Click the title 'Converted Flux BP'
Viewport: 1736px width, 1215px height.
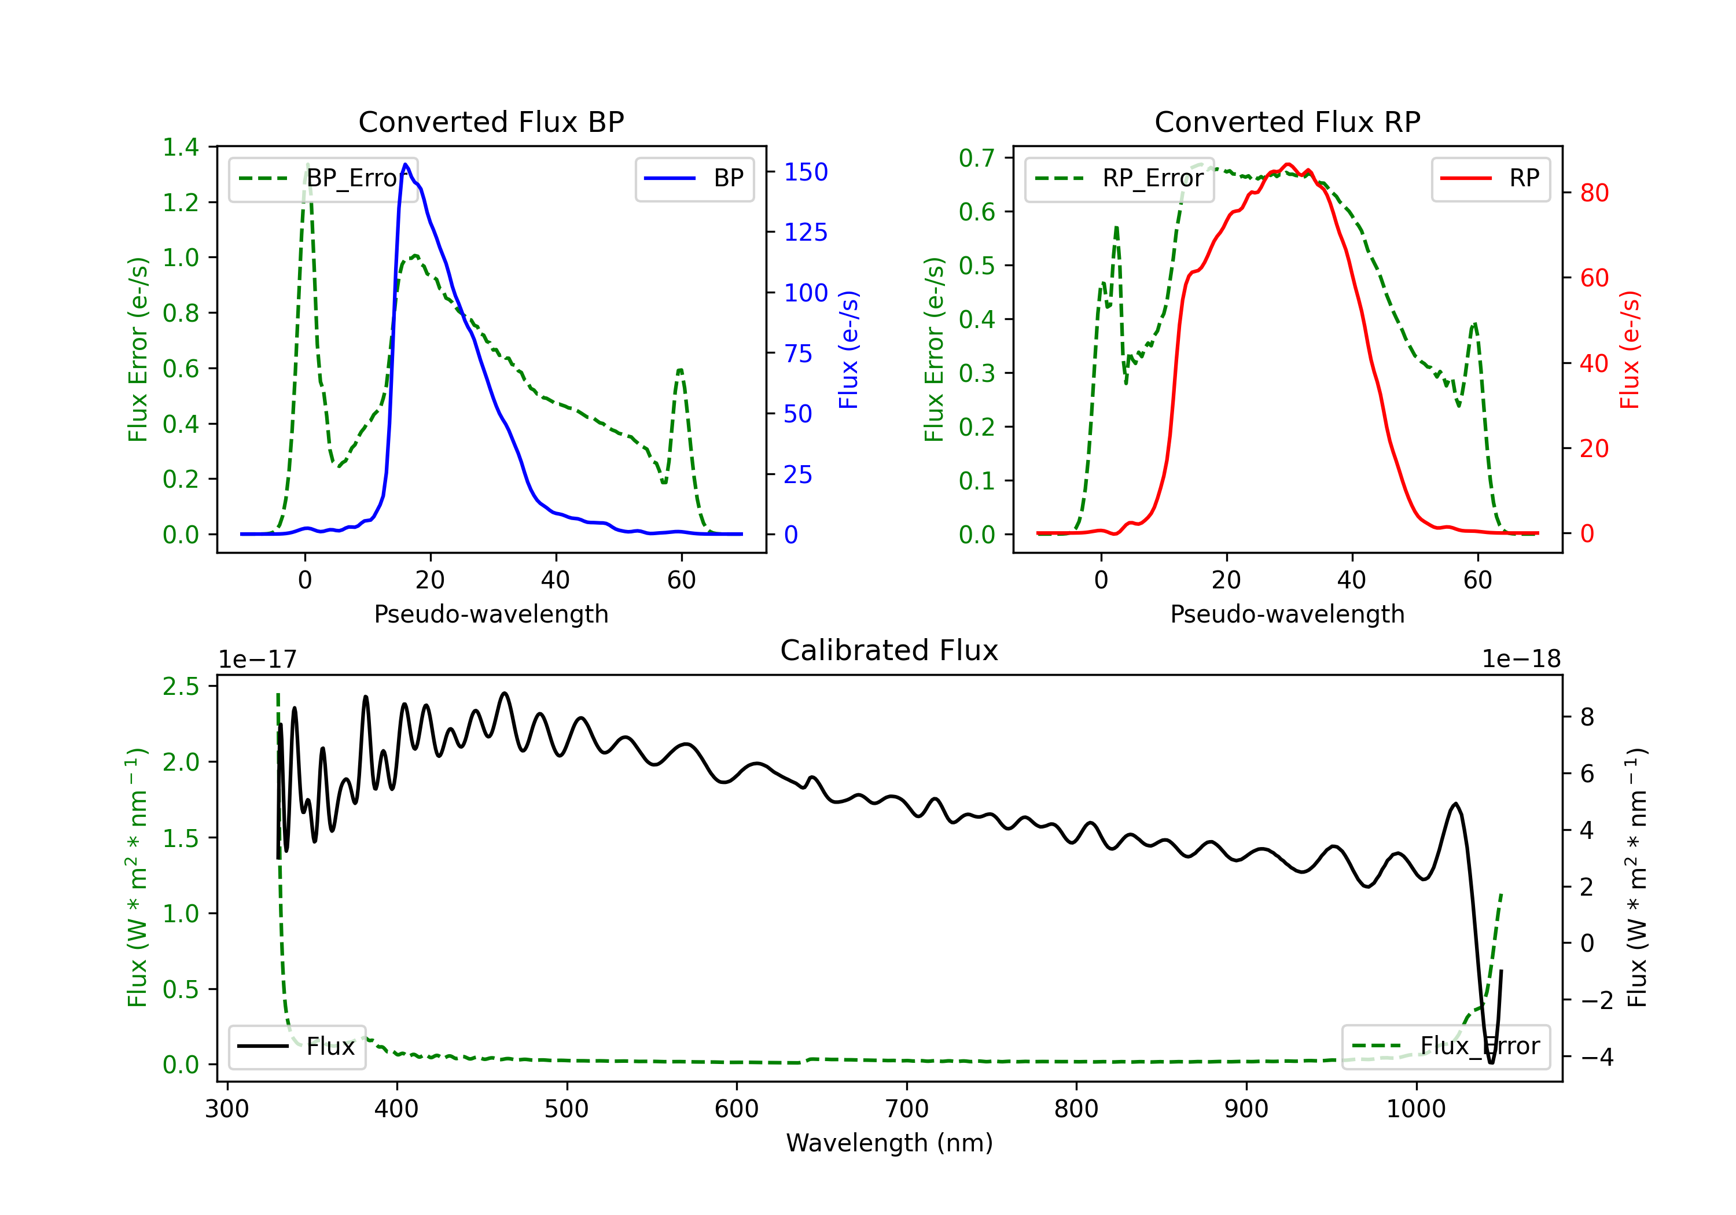(491, 122)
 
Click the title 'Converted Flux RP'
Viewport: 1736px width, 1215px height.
(1287, 122)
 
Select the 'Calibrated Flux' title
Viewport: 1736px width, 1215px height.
(889, 650)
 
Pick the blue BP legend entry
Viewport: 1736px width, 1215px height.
(694, 178)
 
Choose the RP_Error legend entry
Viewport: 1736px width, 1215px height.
(1119, 178)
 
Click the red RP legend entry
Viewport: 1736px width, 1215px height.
(1490, 178)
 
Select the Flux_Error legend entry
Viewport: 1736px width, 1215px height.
(1446, 1047)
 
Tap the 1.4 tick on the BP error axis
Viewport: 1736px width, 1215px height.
(181, 147)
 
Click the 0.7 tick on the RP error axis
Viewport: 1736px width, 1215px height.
(977, 158)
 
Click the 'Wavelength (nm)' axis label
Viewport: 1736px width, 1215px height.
(889, 1143)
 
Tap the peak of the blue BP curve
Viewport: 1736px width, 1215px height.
(406, 164)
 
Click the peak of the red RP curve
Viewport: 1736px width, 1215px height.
(1288, 164)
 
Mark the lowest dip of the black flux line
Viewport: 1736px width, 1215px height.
(1491, 1063)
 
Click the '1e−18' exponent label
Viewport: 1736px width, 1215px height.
(1521, 660)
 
